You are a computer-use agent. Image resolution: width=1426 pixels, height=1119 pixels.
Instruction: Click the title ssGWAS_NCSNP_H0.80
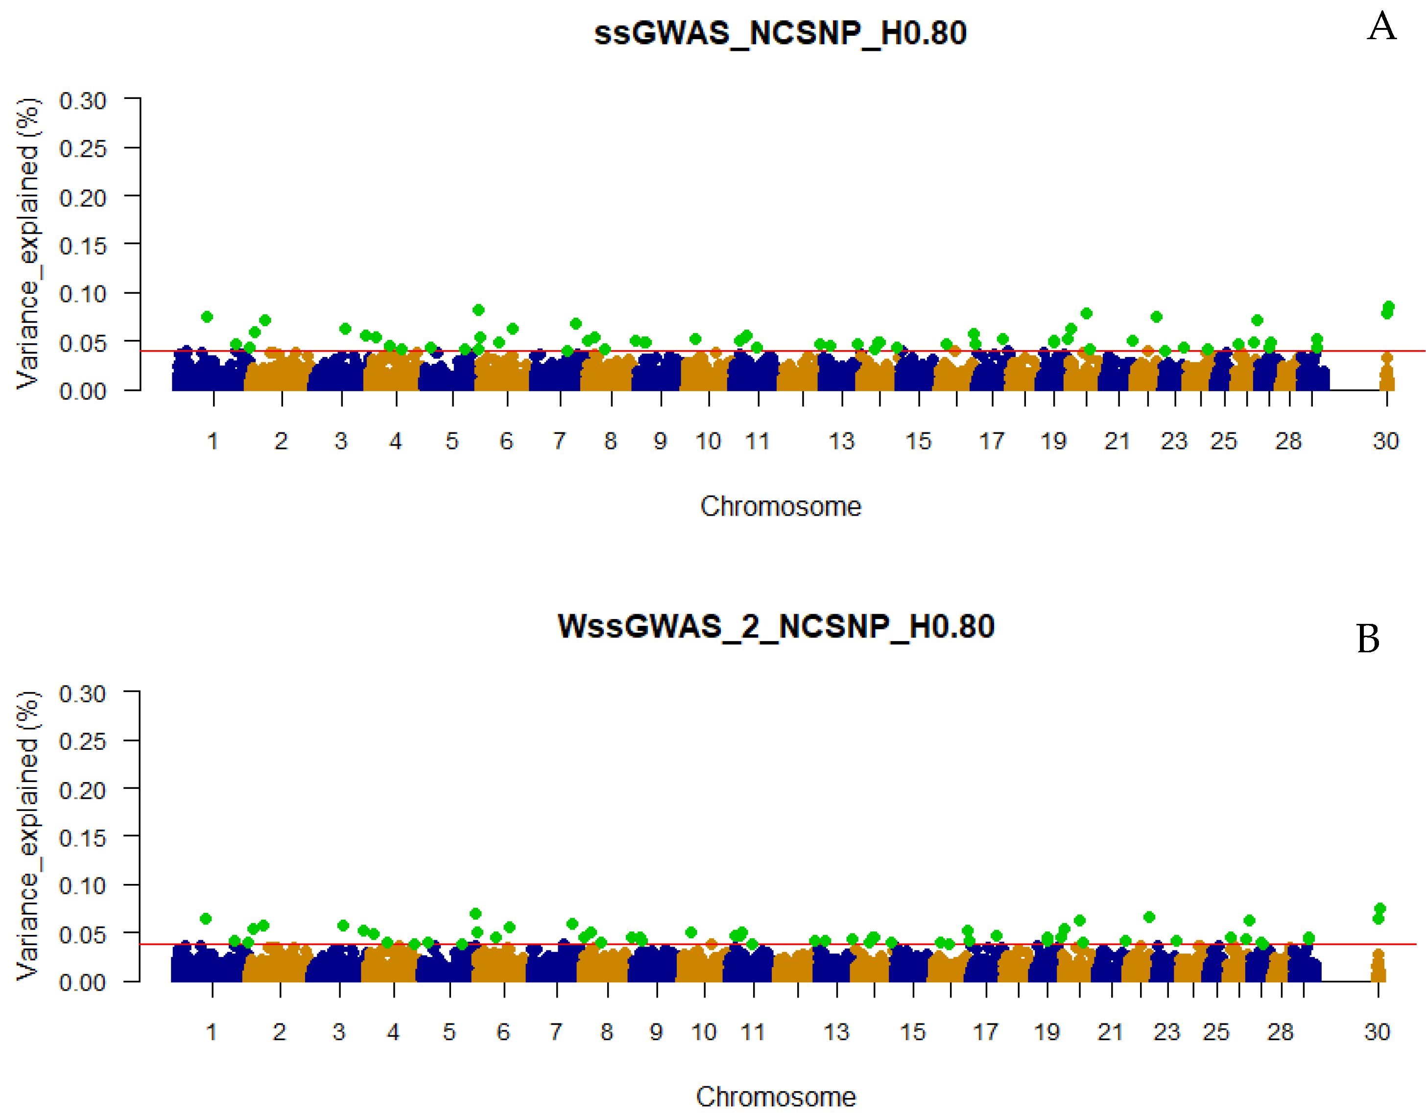coord(780,33)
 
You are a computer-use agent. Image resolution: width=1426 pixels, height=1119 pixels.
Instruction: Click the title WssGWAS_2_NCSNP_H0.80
coord(776,626)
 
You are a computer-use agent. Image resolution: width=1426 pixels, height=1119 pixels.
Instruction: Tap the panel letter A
coord(1381,27)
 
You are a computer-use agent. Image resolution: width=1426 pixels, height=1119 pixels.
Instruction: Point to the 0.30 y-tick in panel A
coord(83,101)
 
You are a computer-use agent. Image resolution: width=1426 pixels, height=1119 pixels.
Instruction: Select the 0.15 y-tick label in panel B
coord(83,838)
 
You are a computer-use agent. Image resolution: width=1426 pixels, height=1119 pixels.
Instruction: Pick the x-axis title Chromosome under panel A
coord(780,506)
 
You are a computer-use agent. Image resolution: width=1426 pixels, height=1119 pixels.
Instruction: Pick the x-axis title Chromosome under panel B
coord(776,1097)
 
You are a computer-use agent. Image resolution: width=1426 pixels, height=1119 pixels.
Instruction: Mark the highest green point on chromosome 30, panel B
coord(1379,908)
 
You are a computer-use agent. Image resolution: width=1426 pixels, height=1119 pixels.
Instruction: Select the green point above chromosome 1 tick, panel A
coord(207,317)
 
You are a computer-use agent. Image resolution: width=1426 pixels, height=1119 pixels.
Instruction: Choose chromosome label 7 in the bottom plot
coord(555,1032)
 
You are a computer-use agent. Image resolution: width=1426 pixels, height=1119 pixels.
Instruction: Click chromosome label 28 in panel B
coord(1280,1032)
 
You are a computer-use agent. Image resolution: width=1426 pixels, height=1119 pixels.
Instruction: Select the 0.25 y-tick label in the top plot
coord(83,149)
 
